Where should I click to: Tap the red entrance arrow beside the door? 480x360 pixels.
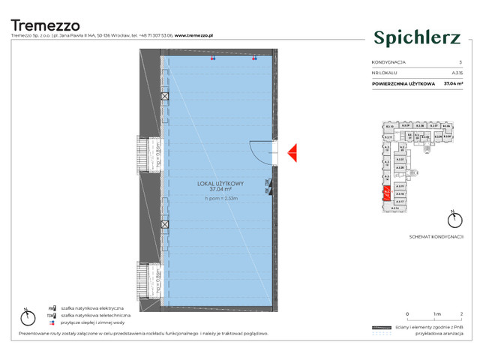coord(293,152)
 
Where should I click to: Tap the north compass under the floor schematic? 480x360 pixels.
coord(451,219)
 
